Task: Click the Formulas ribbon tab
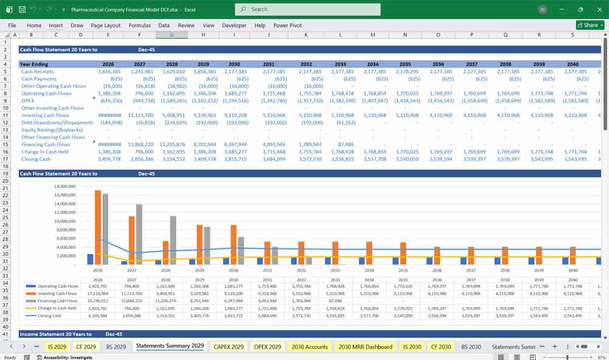[x=139, y=26]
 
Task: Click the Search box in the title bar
[x=308, y=9]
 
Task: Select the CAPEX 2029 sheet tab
[x=228, y=347]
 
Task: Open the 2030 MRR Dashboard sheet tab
[x=365, y=347]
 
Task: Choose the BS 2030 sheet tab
[x=471, y=347]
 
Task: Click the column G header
[x=172, y=35]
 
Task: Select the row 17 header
[x=5, y=159]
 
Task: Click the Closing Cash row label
[x=36, y=159]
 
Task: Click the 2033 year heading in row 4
[x=340, y=64]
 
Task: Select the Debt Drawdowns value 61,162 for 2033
[x=345, y=122]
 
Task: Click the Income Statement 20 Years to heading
[x=55, y=334]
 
